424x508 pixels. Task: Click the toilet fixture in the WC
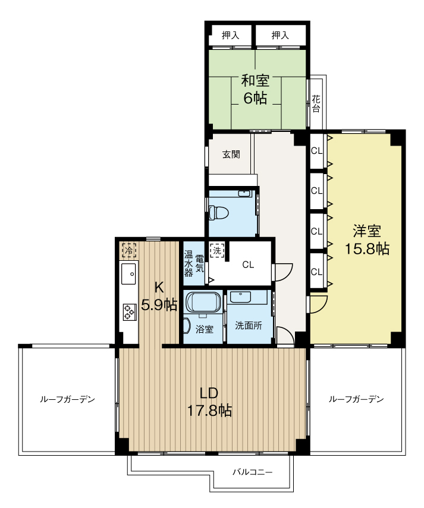(218, 213)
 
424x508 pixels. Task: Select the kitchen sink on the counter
(128, 274)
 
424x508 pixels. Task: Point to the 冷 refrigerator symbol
(128, 250)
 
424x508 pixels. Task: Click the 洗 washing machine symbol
(216, 250)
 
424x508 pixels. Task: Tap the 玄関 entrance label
(231, 154)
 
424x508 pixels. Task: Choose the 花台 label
(316, 103)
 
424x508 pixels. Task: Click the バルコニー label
(253, 472)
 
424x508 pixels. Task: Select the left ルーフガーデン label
(67, 399)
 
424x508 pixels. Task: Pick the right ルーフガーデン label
(356, 399)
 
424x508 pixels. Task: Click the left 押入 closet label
(231, 35)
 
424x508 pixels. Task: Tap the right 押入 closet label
(281, 35)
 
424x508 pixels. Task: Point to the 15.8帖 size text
(367, 249)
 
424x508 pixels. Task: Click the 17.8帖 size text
(209, 411)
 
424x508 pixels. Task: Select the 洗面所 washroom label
(249, 326)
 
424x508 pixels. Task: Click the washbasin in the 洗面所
(240, 297)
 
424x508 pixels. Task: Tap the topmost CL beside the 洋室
(317, 151)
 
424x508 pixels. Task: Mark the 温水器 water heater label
(189, 263)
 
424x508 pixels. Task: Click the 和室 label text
(256, 81)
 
